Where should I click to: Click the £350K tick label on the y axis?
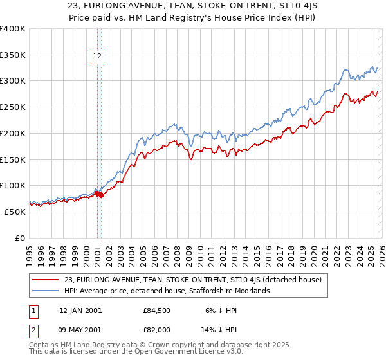pyautogui.click(x=13, y=55)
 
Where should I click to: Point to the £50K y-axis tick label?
pyautogui.click(x=15, y=212)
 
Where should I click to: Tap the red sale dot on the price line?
pyautogui.click(x=100, y=195)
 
